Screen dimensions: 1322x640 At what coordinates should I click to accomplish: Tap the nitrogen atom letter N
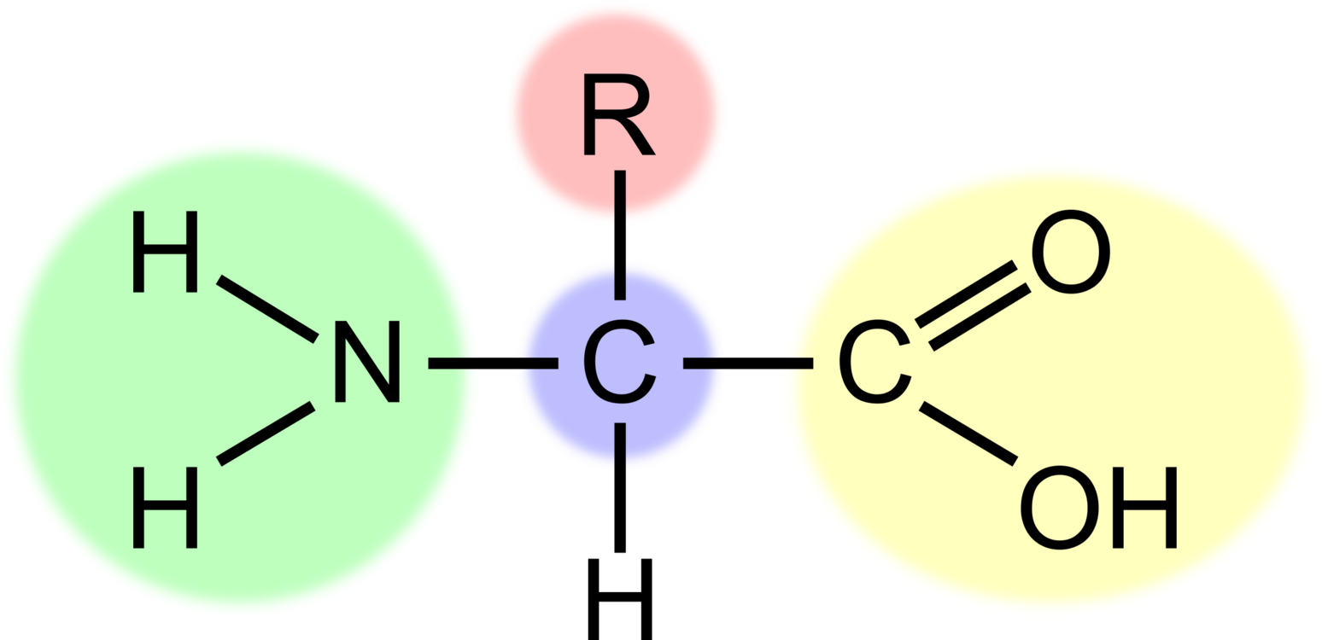tap(367, 362)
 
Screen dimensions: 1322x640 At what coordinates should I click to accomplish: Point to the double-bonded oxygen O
tap(1071, 251)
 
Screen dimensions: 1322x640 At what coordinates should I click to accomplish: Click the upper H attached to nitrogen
tap(165, 251)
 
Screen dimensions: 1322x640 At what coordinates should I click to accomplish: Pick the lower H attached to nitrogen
tap(165, 507)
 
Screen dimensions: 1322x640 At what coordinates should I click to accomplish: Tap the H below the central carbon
tap(620, 599)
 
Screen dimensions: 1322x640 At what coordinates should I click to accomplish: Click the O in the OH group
tap(1060, 507)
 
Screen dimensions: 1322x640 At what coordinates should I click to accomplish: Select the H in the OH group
tap(1145, 507)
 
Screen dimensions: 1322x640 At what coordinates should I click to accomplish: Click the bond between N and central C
tap(493, 363)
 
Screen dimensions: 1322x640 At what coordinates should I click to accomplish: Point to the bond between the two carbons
tap(748, 363)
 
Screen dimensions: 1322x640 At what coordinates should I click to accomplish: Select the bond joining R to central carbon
tap(620, 235)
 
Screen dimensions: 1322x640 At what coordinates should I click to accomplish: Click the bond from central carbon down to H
tap(620, 487)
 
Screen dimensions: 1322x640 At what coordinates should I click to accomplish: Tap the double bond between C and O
tap(974, 305)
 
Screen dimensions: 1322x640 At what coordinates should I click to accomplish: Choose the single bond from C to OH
tap(968, 433)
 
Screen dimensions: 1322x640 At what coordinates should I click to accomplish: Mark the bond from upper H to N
tap(267, 309)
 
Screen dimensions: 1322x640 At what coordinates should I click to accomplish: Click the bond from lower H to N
tap(266, 433)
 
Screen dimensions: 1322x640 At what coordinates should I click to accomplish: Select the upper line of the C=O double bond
tap(966, 294)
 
